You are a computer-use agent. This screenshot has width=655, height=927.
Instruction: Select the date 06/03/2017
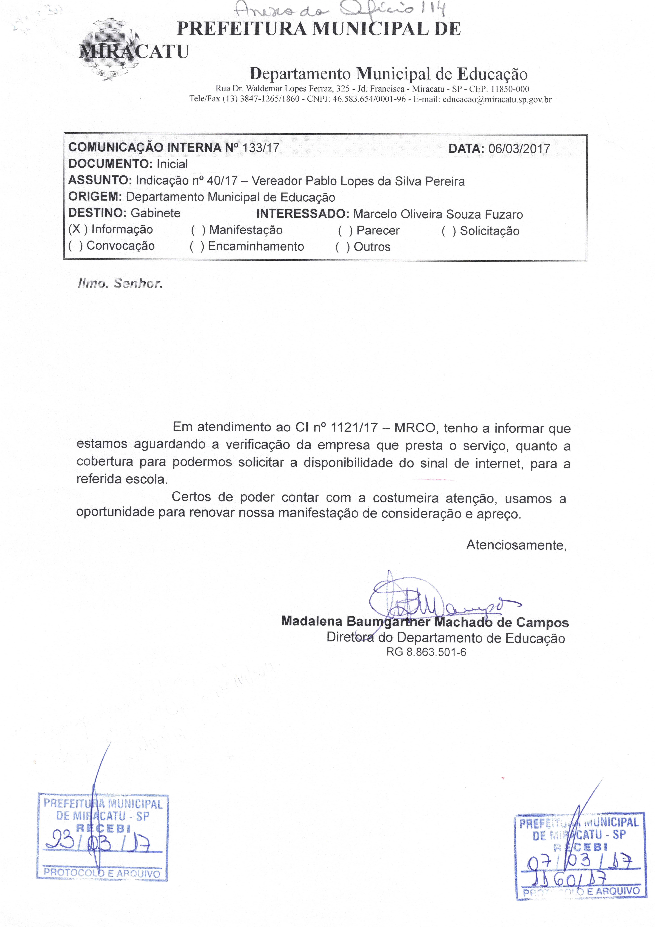[x=519, y=149]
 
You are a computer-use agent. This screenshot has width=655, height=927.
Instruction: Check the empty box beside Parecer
[x=346, y=231]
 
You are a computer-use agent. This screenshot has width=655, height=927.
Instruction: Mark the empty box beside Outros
[x=343, y=247]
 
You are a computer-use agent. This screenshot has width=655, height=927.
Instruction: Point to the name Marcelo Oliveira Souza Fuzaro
[x=438, y=214]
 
